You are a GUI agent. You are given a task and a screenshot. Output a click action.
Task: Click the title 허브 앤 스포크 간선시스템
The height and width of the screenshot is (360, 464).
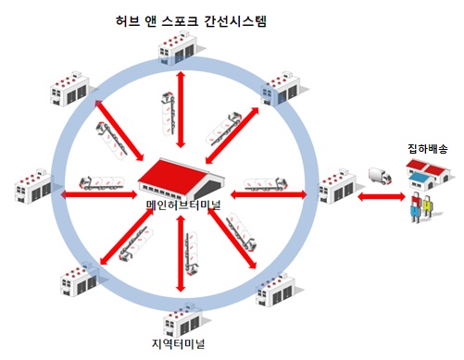pos(188,19)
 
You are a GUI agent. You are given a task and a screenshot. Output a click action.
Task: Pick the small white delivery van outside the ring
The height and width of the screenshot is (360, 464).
pos(378,176)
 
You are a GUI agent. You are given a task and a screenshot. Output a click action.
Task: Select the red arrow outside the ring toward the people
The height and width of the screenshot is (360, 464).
pos(380,197)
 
